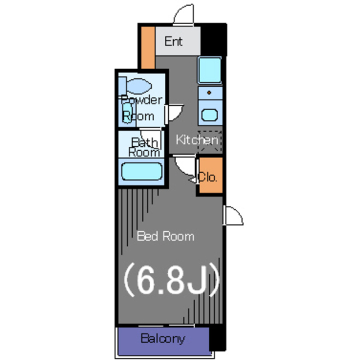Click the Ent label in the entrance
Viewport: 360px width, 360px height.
coord(174,42)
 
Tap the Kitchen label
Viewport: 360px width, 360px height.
coord(197,140)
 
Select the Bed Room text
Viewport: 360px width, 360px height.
coord(165,236)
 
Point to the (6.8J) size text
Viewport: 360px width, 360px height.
coord(172,279)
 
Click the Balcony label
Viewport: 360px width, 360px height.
coord(163,339)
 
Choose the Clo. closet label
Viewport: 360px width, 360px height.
coord(208,177)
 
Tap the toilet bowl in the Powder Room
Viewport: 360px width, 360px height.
coord(139,86)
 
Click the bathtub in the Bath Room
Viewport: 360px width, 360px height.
coord(142,171)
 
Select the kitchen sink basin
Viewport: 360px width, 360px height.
coord(209,115)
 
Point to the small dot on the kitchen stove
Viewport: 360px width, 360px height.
coord(209,93)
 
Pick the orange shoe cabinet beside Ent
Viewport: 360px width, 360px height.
coord(148,47)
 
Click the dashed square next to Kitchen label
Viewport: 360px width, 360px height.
coord(210,141)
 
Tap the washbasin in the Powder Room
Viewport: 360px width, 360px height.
coord(127,113)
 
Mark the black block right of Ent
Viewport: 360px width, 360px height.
coord(214,39)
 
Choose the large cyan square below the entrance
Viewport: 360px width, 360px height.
coord(210,70)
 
